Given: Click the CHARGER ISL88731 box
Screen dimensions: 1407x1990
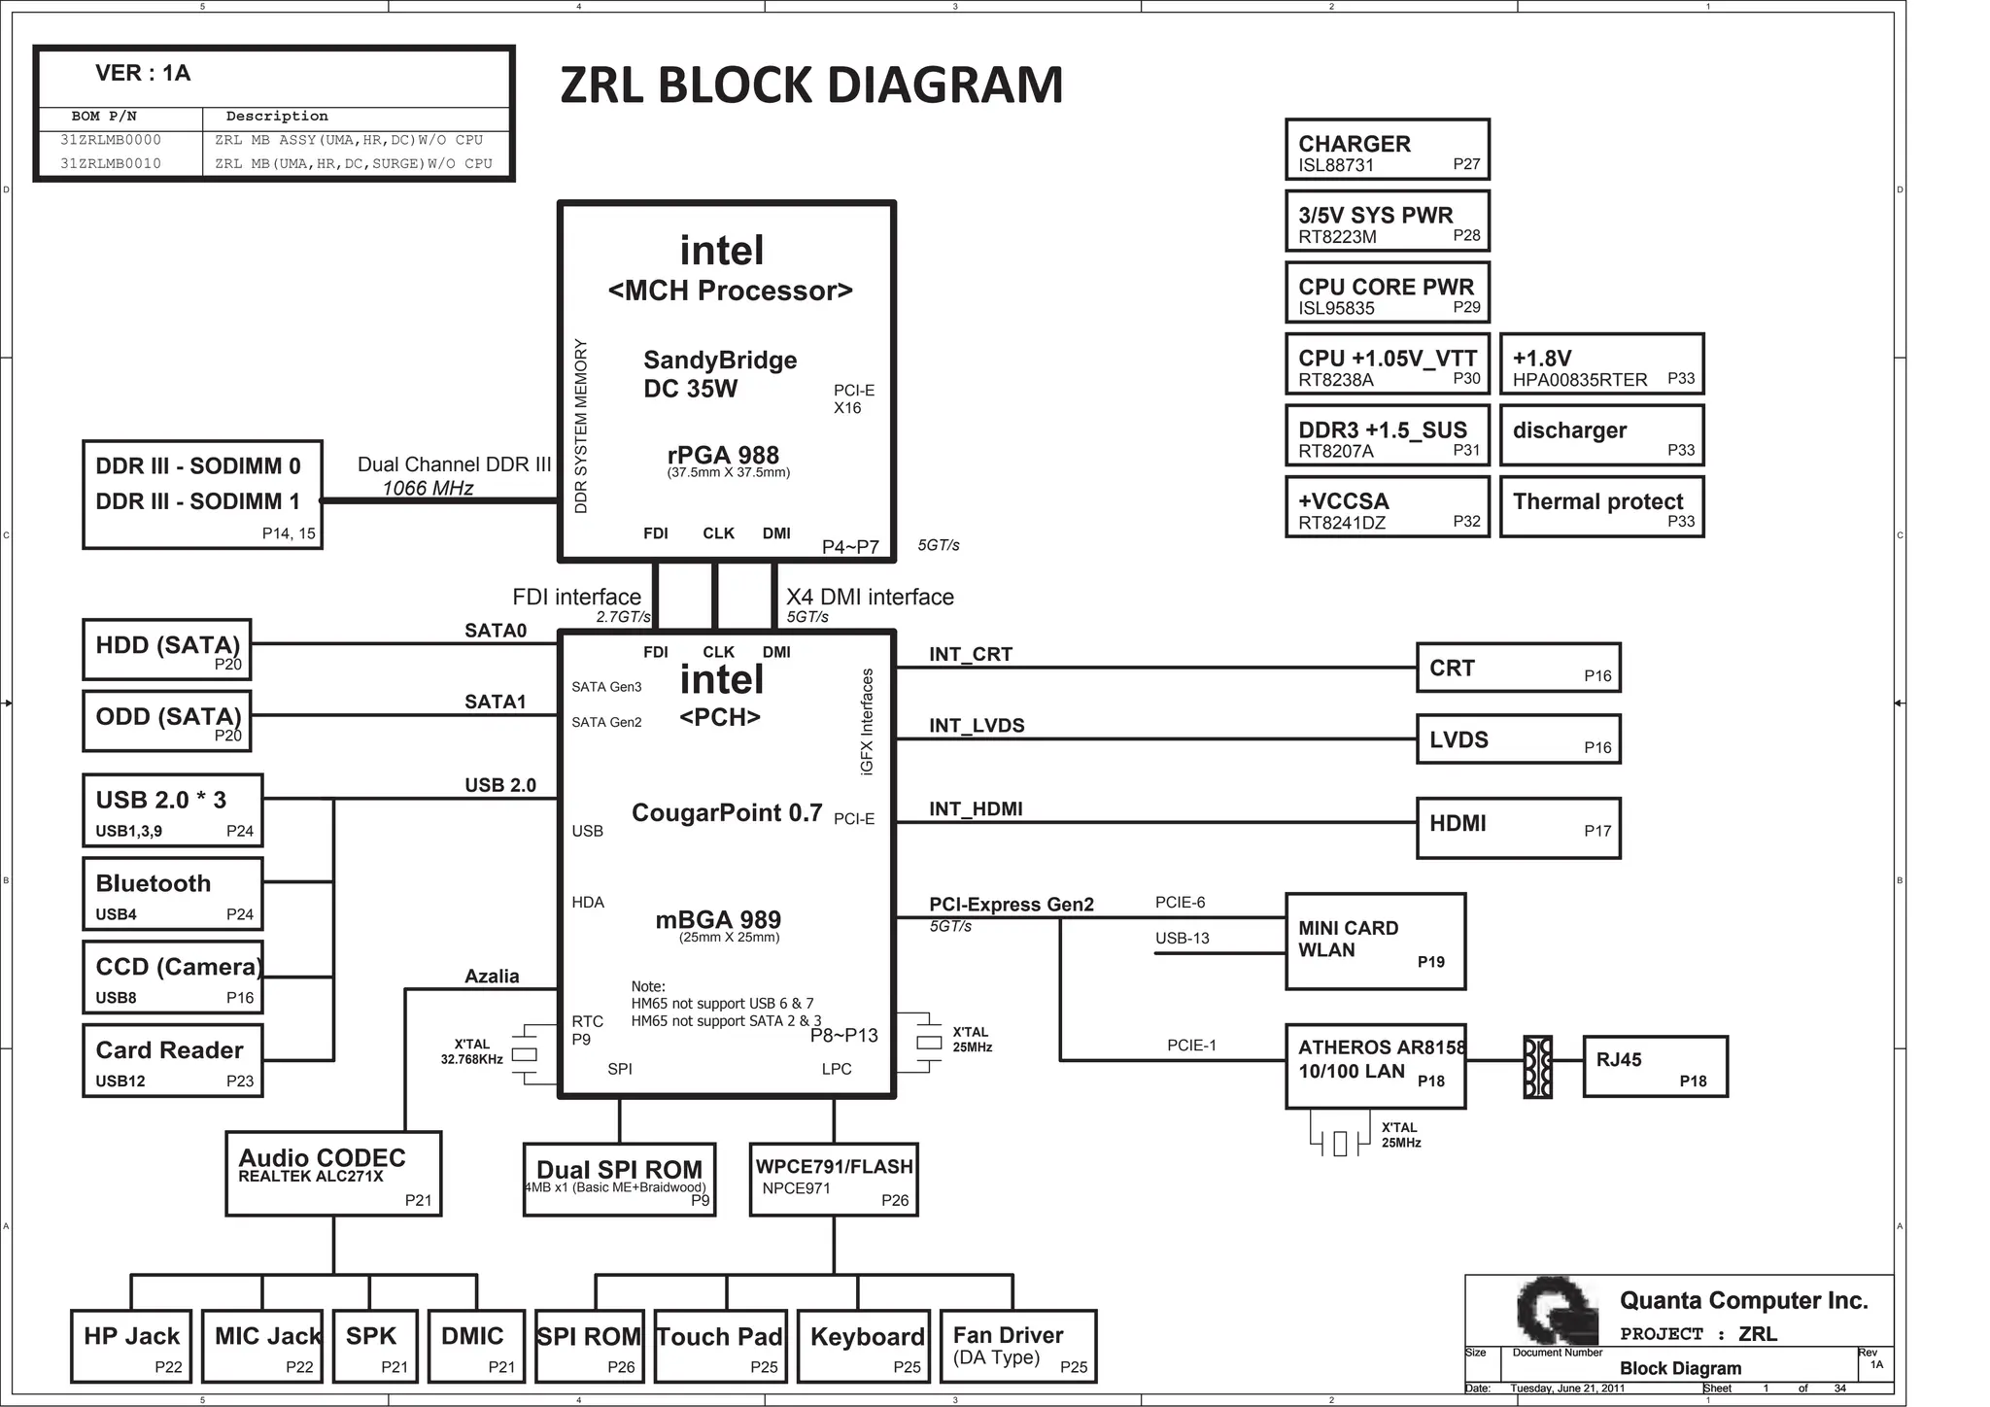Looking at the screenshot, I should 1387,150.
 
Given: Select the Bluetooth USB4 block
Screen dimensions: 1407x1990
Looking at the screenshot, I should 173,894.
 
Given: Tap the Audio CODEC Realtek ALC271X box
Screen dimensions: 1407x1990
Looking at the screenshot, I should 333,1173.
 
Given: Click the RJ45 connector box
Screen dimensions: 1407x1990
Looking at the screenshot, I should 1655,1066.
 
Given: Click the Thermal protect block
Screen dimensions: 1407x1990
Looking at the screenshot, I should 1601,506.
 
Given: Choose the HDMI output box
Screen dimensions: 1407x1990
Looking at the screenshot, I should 1518,828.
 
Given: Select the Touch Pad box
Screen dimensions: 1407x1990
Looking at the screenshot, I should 719,1346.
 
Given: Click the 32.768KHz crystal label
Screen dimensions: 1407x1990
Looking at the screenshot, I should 471,1052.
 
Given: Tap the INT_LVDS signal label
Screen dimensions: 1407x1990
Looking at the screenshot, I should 977,726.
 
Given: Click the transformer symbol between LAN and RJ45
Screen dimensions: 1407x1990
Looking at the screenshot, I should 1537,1067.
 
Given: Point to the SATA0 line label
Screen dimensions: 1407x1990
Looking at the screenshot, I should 496,631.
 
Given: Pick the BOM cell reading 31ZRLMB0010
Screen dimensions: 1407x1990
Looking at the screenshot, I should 111,163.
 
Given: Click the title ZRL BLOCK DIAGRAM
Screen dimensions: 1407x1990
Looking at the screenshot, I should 811,86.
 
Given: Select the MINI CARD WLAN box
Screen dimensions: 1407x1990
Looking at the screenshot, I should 1375,941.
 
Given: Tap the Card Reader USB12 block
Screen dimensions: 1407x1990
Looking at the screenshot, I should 173,1061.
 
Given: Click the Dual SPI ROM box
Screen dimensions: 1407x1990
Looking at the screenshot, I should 619,1179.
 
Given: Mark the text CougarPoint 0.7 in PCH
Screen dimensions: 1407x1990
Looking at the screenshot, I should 727,812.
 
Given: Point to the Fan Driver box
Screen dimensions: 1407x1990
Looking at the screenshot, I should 1017,1346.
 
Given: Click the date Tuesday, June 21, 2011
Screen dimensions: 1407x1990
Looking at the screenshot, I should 1567,1389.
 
